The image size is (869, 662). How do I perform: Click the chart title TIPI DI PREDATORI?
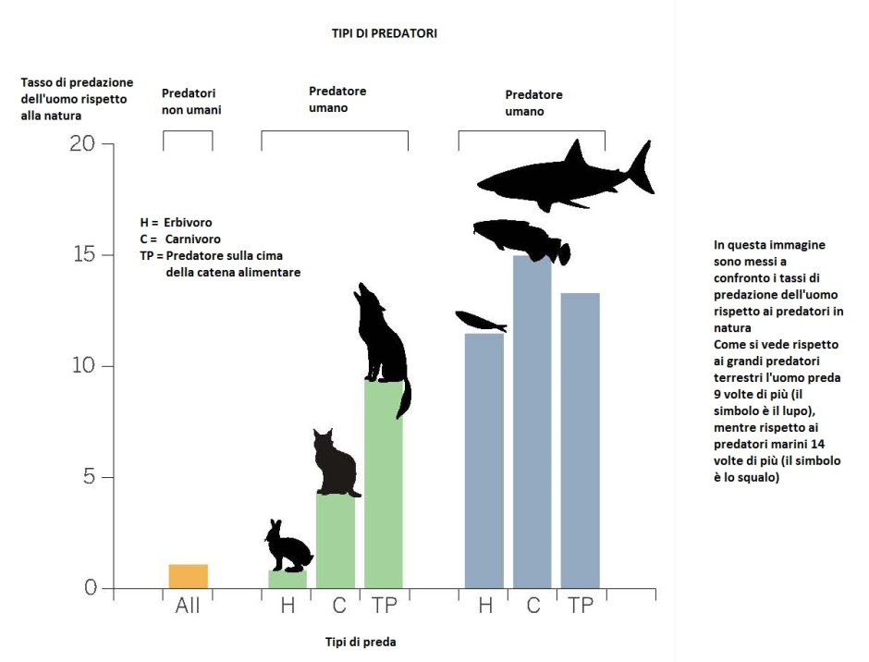384,33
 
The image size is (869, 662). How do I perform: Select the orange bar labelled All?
188,576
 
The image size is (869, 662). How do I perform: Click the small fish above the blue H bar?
481,322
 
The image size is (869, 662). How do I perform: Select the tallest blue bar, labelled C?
532,425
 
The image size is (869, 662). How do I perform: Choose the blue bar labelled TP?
580,440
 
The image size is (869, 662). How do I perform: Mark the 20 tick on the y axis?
82,144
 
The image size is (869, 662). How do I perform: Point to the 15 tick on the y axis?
82,255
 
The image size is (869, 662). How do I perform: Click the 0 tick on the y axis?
89,589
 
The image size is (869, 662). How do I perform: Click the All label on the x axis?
188,607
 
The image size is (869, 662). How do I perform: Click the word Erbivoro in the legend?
188,223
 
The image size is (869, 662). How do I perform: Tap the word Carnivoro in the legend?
190,239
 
